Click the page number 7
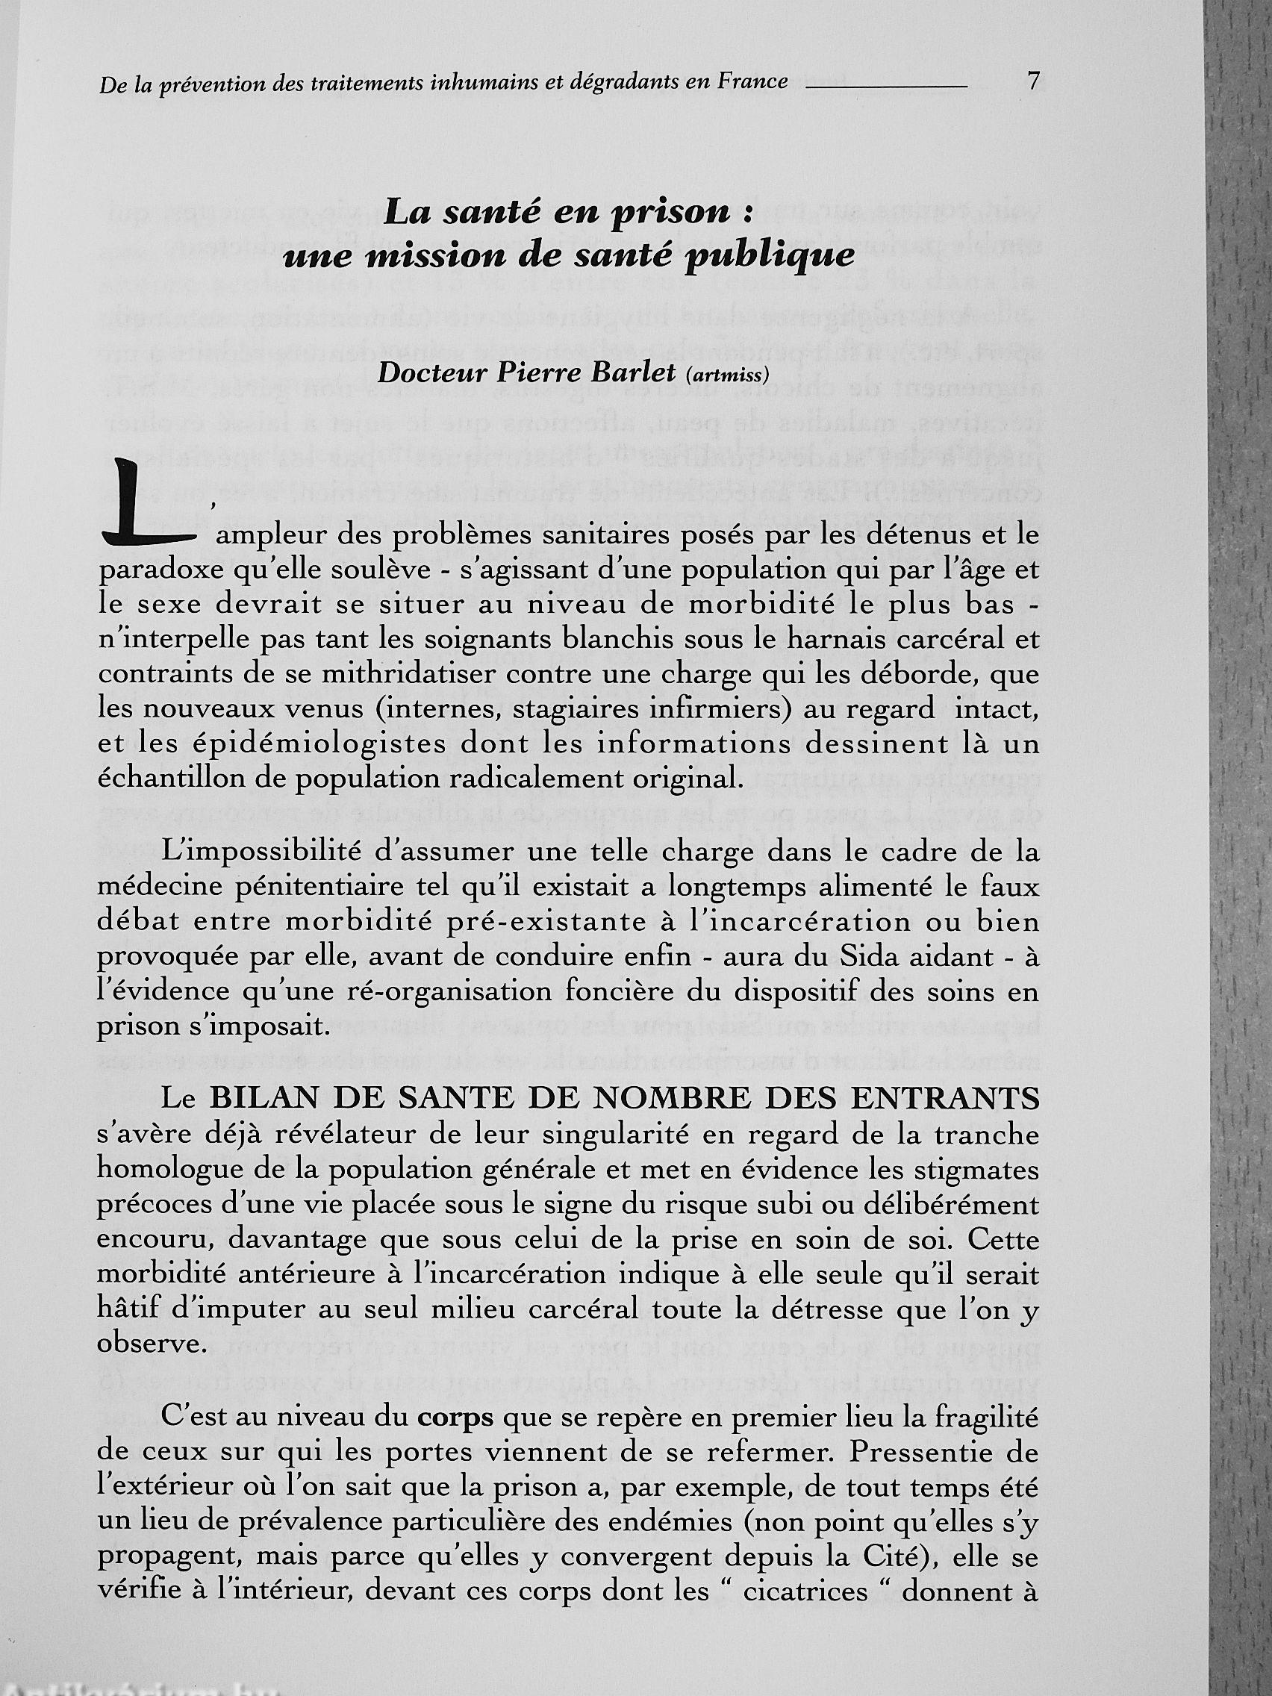pyautogui.click(x=1033, y=80)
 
